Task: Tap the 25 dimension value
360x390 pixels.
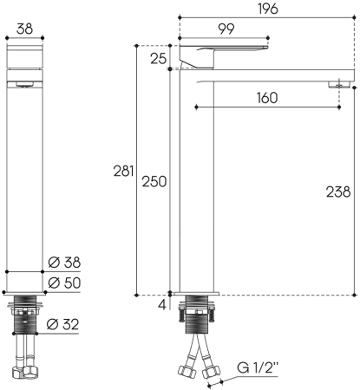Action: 158,59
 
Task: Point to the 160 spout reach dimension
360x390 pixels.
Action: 267,97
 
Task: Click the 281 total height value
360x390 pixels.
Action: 124,172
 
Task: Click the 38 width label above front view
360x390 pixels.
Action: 24,29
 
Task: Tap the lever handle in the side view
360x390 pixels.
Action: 217,52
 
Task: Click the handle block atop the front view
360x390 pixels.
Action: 24,59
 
